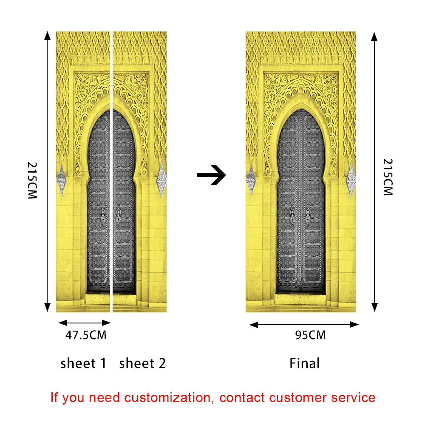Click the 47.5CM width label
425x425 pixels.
point(85,335)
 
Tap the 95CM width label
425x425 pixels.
point(310,335)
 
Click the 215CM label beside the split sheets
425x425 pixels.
point(33,181)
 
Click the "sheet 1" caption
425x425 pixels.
point(84,363)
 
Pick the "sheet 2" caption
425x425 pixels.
point(142,363)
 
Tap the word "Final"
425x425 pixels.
point(304,363)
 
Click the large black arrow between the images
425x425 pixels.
point(211,175)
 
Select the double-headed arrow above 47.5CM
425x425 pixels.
point(84,323)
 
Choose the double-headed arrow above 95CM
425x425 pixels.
point(304,325)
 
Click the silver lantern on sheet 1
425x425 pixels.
point(62,181)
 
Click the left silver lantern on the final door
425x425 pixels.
point(251,181)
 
